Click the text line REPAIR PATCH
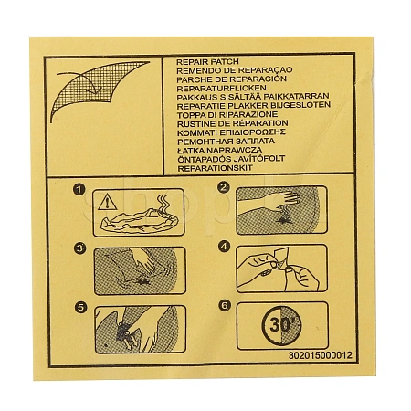click(x=207, y=62)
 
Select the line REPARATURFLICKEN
click(x=221, y=89)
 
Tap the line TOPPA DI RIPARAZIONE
click(x=227, y=115)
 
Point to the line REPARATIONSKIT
click(x=216, y=168)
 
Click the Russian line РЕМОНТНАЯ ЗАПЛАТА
click(x=227, y=142)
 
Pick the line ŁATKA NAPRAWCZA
click(x=219, y=150)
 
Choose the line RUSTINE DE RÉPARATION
click(x=233, y=123)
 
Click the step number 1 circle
click(x=79, y=190)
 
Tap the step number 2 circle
click(x=224, y=187)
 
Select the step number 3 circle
click(x=79, y=248)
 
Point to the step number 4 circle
click(x=225, y=247)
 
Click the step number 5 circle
click(x=80, y=307)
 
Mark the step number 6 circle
click(x=225, y=305)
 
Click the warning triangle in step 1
click(x=108, y=202)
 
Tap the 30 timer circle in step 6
click(x=281, y=325)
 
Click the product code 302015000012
click(x=321, y=355)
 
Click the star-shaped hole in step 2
click(x=284, y=220)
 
